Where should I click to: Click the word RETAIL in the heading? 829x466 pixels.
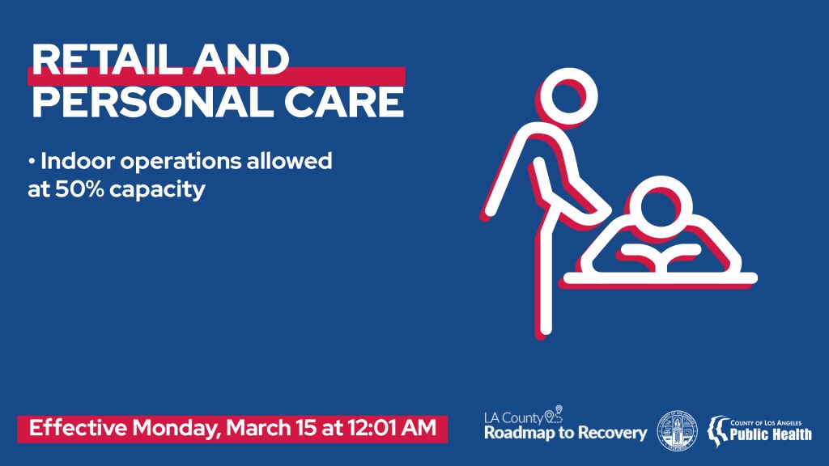(104, 60)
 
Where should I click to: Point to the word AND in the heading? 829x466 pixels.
(240, 60)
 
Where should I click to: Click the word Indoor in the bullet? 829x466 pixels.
(77, 161)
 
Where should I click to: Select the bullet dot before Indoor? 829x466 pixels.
(32, 161)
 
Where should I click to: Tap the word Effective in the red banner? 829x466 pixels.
(78, 427)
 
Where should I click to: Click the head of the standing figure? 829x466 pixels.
(568, 97)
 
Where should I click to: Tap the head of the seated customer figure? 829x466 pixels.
(661, 206)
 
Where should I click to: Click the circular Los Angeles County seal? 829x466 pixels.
(677, 431)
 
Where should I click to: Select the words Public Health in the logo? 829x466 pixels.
(771, 434)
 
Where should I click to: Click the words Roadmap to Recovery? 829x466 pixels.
(565, 434)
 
